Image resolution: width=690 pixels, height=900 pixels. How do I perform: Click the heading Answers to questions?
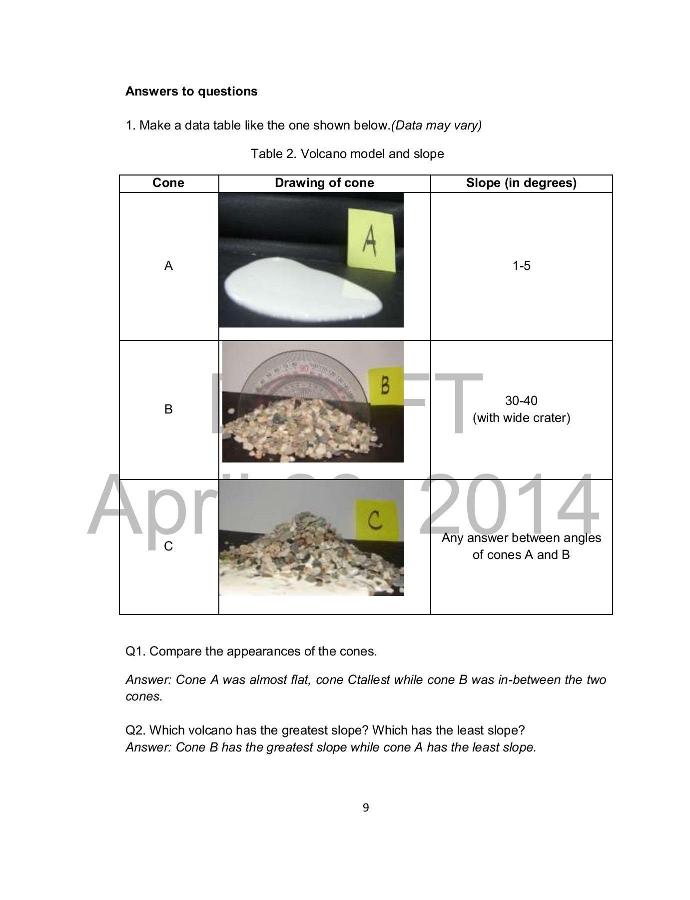191,91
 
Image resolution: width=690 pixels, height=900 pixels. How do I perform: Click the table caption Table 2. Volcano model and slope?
347,153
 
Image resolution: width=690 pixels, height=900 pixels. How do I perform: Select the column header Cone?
168,183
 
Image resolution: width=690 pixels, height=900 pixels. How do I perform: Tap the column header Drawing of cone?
324,183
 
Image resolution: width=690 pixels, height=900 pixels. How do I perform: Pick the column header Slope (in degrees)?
521,183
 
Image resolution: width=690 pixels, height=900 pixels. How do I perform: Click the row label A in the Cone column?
168,266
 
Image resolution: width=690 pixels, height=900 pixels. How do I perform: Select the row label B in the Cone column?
168,409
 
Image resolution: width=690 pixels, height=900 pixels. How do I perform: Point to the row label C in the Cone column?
168,546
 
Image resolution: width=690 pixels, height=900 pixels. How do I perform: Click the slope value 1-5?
521,266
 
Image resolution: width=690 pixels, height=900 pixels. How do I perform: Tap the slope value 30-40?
521,401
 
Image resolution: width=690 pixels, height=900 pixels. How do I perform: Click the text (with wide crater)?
521,418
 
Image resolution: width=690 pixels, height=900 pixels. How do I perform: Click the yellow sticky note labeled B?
385,386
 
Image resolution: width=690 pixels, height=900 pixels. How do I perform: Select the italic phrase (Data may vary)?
436,125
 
